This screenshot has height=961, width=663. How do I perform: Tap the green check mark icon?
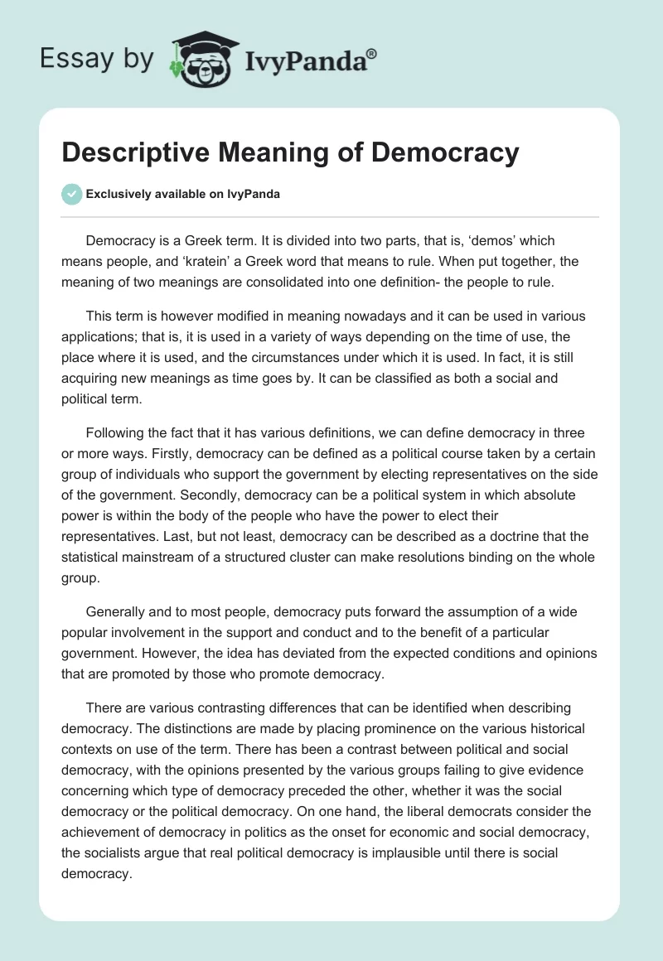tap(71, 194)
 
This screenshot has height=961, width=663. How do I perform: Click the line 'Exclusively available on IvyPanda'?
tap(182, 194)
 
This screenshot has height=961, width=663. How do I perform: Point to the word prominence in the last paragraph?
tap(326, 728)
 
